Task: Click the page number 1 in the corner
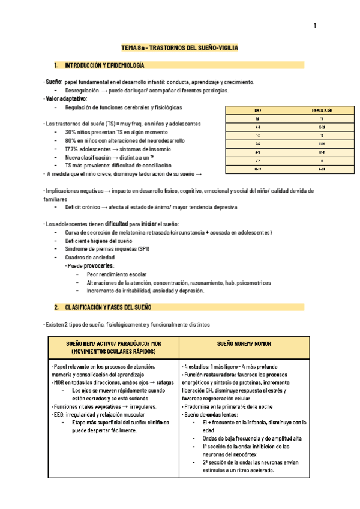click(x=314, y=26)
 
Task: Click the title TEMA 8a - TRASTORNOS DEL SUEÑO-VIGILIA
click(x=180, y=47)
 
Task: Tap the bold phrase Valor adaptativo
click(x=67, y=98)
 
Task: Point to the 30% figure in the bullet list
click(x=71, y=131)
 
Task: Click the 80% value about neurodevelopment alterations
click(x=71, y=140)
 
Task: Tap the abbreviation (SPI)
click(x=143, y=248)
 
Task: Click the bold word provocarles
click(x=98, y=265)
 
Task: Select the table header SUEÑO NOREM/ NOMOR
click(x=245, y=344)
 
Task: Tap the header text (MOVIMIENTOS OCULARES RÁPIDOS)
click(x=113, y=352)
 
